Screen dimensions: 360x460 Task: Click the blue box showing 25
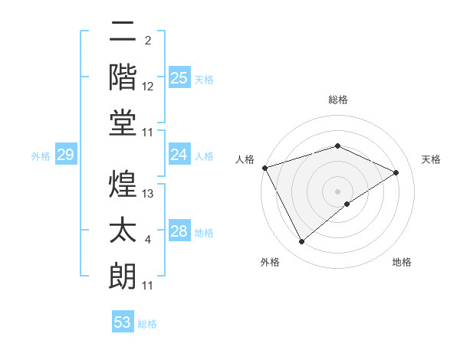click(179, 78)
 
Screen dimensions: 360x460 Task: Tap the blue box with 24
click(179, 155)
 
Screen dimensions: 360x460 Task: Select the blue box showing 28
click(179, 231)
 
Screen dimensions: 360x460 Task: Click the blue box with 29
click(66, 155)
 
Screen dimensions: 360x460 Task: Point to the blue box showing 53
click(123, 322)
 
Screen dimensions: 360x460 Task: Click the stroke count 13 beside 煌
click(148, 194)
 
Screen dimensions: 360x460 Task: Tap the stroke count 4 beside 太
click(148, 241)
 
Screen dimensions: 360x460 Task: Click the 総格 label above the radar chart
click(337, 100)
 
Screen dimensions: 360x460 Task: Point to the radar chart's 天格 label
click(431, 159)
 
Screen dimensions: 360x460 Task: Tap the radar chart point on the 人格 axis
click(264, 168)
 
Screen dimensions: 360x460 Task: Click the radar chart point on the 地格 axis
click(347, 204)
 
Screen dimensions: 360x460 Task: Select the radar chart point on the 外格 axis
click(301, 242)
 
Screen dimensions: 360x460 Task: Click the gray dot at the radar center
click(337, 191)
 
